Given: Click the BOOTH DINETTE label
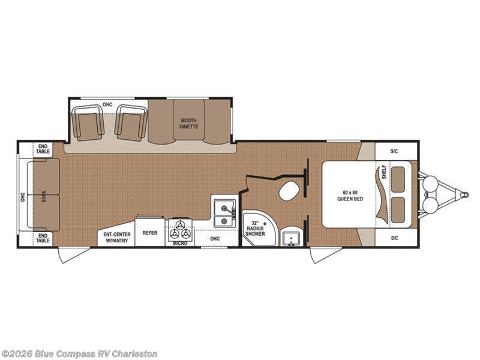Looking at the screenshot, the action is pyautogui.click(x=188, y=124).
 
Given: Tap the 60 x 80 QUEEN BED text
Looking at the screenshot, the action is pyautogui.click(x=350, y=196).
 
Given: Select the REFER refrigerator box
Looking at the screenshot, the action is pyautogui.click(x=150, y=232).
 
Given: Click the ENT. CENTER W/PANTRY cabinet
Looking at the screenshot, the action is pyautogui.click(x=116, y=238).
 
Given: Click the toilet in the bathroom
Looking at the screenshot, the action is pyautogui.click(x=289, y=191).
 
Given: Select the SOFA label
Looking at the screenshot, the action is pyautogui.click(x=44, y=196).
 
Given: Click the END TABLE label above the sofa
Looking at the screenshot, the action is pyautogui.click(x=43, y=149).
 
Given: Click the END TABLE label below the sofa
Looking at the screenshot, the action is pyautogui.click(x=43, y=238).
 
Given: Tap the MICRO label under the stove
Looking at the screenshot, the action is pyautogui.click(x=180, y=243).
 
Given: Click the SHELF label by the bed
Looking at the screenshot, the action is pyautogui.click(x=384, y=173).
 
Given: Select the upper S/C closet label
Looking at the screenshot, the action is pyautogui.click(x=394, y=151).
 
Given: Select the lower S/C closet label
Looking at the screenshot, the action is pyautogui.click(x=394, y=238).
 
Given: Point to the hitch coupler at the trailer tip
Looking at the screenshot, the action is pyautogui.click(x=464, y=194).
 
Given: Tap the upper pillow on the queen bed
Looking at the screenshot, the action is pyautogui.click(x=398, y=179).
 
